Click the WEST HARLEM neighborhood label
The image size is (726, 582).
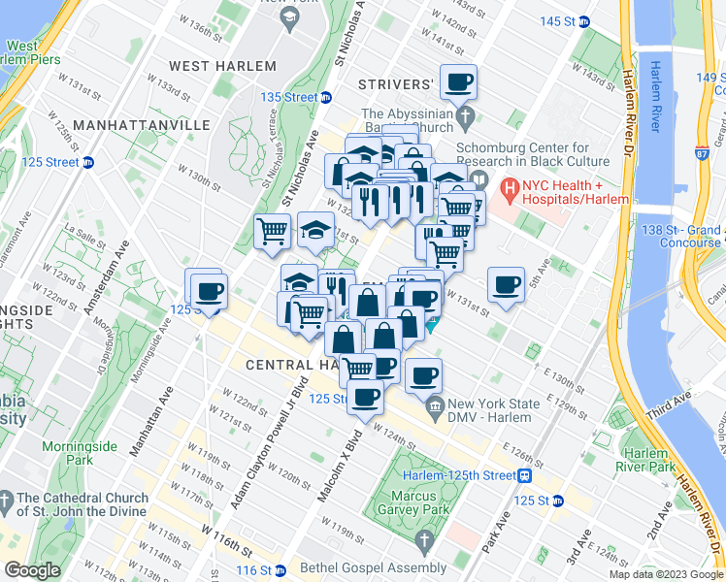coord(222,66)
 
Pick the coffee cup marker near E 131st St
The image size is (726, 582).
coord(506,285)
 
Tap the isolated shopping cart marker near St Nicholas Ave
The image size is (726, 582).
coord(273,232)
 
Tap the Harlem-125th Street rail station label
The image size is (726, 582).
coord(466,475)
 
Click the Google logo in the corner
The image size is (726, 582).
coord(32,570)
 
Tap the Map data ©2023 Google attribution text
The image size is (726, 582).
coord(666,574)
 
